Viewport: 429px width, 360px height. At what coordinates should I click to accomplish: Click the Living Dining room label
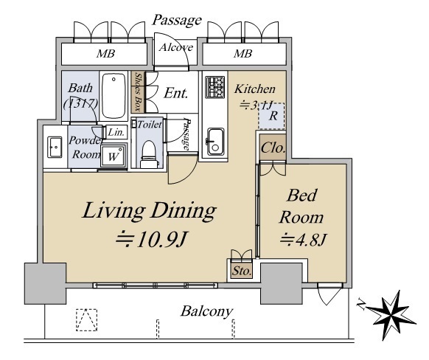149,211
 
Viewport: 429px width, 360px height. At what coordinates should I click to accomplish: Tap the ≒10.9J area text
152,239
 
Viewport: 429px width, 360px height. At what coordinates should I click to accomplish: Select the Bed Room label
301,207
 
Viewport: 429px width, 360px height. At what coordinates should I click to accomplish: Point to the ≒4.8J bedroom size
303,240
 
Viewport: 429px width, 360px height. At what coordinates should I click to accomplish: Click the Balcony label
206,311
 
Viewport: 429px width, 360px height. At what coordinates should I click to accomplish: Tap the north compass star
391,316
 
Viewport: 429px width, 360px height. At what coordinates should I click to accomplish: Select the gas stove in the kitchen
215,87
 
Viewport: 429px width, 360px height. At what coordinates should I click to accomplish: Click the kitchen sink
215,142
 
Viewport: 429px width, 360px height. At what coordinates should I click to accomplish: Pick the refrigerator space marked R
272,116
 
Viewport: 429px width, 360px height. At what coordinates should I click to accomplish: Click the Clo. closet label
273,148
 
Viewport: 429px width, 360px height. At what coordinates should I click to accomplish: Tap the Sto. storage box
241,271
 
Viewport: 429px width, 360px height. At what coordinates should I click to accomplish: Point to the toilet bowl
149,154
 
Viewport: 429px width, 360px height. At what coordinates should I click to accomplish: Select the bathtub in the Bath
114,96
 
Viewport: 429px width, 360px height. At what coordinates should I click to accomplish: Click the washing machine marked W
114,156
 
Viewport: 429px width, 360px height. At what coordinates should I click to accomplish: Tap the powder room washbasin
55,148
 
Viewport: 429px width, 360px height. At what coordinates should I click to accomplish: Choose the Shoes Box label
139,91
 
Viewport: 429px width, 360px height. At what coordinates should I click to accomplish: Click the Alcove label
176,48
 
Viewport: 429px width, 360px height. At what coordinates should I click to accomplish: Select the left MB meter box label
105,54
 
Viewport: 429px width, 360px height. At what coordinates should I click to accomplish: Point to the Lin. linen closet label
116,133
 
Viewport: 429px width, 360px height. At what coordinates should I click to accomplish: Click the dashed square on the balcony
86,319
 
